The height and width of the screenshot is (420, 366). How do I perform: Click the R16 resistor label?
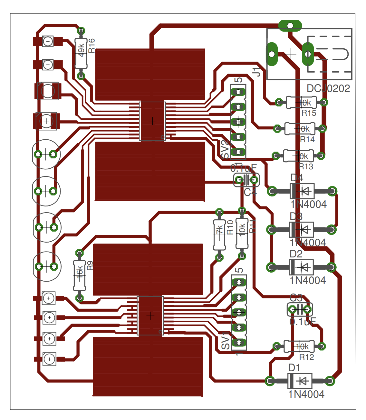click(x=92, y=45)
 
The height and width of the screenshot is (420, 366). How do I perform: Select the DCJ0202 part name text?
click(x=328, y=88)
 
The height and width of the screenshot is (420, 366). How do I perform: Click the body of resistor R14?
click(x=300, y=129)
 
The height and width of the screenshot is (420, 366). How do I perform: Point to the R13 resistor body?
click(x=298, y=156)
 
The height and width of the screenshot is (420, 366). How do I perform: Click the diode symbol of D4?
click(x=302, y=191)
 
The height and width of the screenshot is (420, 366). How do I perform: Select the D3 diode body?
click(x=302, y=230)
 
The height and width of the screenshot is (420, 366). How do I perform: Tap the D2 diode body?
click(x=301, y=267)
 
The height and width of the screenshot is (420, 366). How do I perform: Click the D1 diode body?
click(x=300, y=381)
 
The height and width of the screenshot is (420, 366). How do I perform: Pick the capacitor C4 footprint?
click(x=246, y=180)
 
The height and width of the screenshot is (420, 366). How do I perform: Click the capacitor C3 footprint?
click(x=300, y=310)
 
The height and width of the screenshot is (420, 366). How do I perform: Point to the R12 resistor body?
click(x=299, y=346)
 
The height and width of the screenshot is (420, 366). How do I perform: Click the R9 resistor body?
click(x=80, y=275)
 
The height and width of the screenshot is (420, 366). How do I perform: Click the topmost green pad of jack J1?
click(x=290, y=25)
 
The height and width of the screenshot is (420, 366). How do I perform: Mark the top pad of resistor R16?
click(x=81, y=31)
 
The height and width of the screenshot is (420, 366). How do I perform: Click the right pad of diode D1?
click(x=330, y=381)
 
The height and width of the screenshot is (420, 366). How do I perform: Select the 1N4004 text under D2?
click(x=308, y=280)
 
